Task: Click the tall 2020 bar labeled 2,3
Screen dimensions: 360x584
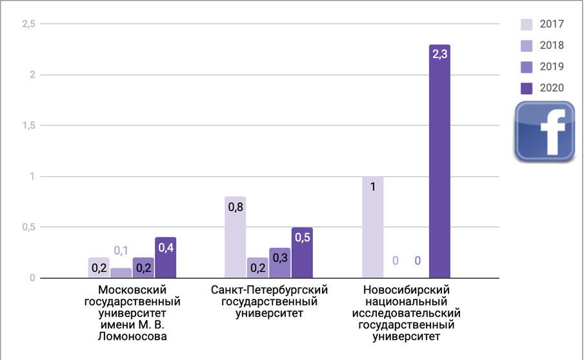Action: [439, 161]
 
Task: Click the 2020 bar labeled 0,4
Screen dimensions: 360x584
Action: [165, 258]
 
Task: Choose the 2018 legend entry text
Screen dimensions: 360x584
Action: [552, 46]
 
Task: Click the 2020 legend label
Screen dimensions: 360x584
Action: [552, 88]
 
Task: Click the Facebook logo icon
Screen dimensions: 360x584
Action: [545, 131]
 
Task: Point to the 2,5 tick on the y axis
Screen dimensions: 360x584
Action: [28, 24]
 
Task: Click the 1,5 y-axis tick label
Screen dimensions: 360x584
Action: [28, 126]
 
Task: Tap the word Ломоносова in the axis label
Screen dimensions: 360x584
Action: [132, 337]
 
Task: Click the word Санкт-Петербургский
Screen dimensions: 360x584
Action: [270, 290]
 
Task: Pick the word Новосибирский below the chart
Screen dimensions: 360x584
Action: [406, 290]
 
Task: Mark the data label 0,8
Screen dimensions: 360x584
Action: [235, 207]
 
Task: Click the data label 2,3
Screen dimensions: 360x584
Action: [439, 55]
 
